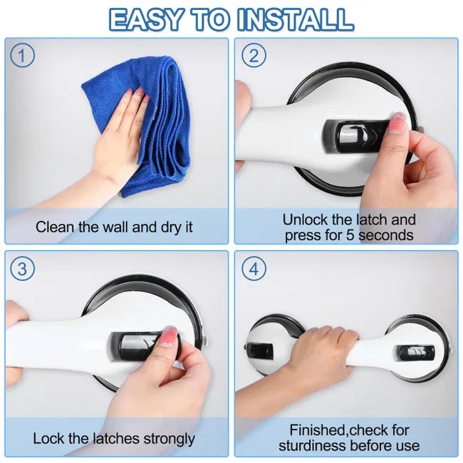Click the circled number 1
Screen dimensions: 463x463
point(22,56)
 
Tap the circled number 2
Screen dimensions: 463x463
point(254,56)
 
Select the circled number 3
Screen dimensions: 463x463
point(22,269)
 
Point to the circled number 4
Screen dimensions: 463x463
point(254,269)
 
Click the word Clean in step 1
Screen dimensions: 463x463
point(54,227)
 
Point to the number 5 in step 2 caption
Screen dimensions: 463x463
point(350,235)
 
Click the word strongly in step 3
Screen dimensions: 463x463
point(170,439)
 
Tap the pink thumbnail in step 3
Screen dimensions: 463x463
point(167,336)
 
